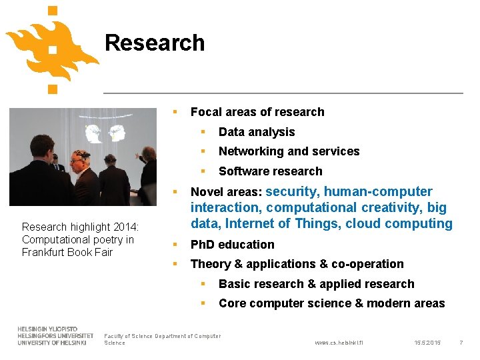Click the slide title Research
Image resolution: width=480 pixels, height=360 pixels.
155,43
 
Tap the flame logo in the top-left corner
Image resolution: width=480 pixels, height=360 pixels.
52,48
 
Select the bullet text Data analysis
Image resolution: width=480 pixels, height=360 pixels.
256,132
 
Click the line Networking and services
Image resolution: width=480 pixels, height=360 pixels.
289,151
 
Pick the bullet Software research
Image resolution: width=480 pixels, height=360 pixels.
270,171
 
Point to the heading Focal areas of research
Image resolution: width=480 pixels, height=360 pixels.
257,112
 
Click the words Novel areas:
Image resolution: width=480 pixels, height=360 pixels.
226,193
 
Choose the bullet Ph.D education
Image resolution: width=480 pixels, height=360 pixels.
232,245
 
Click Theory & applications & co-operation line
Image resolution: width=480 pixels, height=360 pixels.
297,264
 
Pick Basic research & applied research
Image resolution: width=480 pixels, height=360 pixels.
316,284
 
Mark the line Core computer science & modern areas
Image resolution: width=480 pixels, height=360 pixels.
331,303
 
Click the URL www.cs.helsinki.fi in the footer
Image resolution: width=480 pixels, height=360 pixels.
339,343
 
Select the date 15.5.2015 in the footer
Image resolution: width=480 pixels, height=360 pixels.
427,343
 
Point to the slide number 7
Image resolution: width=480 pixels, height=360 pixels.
461,343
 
